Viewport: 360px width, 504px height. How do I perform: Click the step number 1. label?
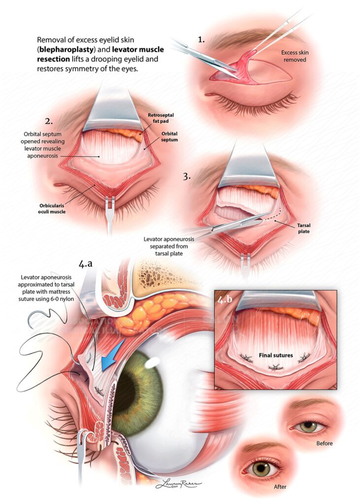tap(201, 40)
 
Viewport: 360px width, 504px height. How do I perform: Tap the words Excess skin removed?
tap(295, 56)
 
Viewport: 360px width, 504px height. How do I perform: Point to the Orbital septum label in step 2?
tap(169, 137)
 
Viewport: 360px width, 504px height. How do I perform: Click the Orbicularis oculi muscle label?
tap(52, 209)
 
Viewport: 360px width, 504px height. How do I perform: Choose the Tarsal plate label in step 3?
tap(304, 228)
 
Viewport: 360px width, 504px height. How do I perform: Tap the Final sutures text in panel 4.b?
tap(276, 355)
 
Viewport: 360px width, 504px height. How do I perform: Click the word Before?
tap(324, 443)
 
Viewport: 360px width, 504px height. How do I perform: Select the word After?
tap(280, 487)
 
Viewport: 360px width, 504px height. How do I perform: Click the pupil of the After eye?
tap(261, 470)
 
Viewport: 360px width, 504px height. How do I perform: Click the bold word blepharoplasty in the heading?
tap(65, 50)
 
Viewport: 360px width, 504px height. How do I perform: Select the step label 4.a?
tap(85, 264)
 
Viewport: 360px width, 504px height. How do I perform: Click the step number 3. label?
tap(187, 177)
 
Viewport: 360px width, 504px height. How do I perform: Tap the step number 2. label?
tap(49, 122)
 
